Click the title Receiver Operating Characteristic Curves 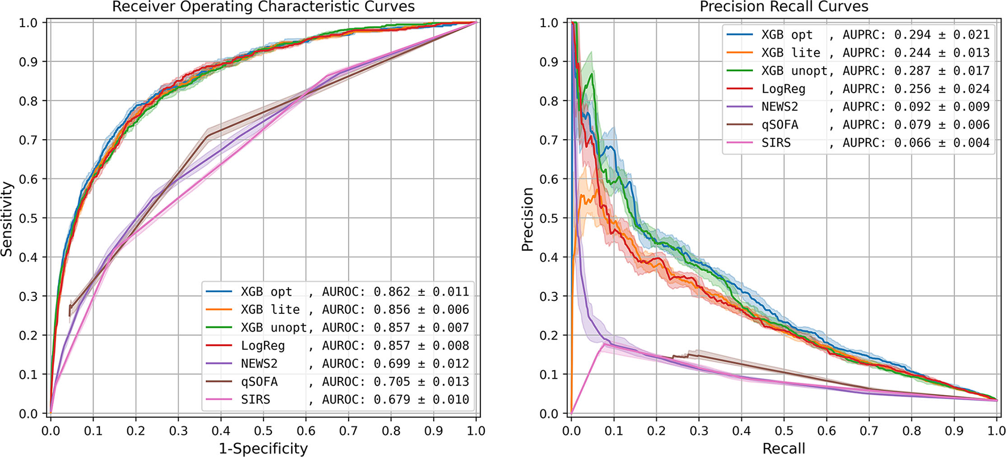263,7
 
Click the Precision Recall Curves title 783,7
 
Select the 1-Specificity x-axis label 263,448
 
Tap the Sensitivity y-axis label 7,219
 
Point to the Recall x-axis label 783,448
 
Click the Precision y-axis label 527,219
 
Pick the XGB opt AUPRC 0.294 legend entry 858,35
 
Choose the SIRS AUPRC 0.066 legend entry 858,142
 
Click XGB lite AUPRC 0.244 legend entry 858,53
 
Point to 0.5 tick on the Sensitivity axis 28,218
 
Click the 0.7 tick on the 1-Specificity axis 348,431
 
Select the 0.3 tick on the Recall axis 698,431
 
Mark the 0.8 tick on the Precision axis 549,100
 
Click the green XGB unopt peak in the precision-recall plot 592,74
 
